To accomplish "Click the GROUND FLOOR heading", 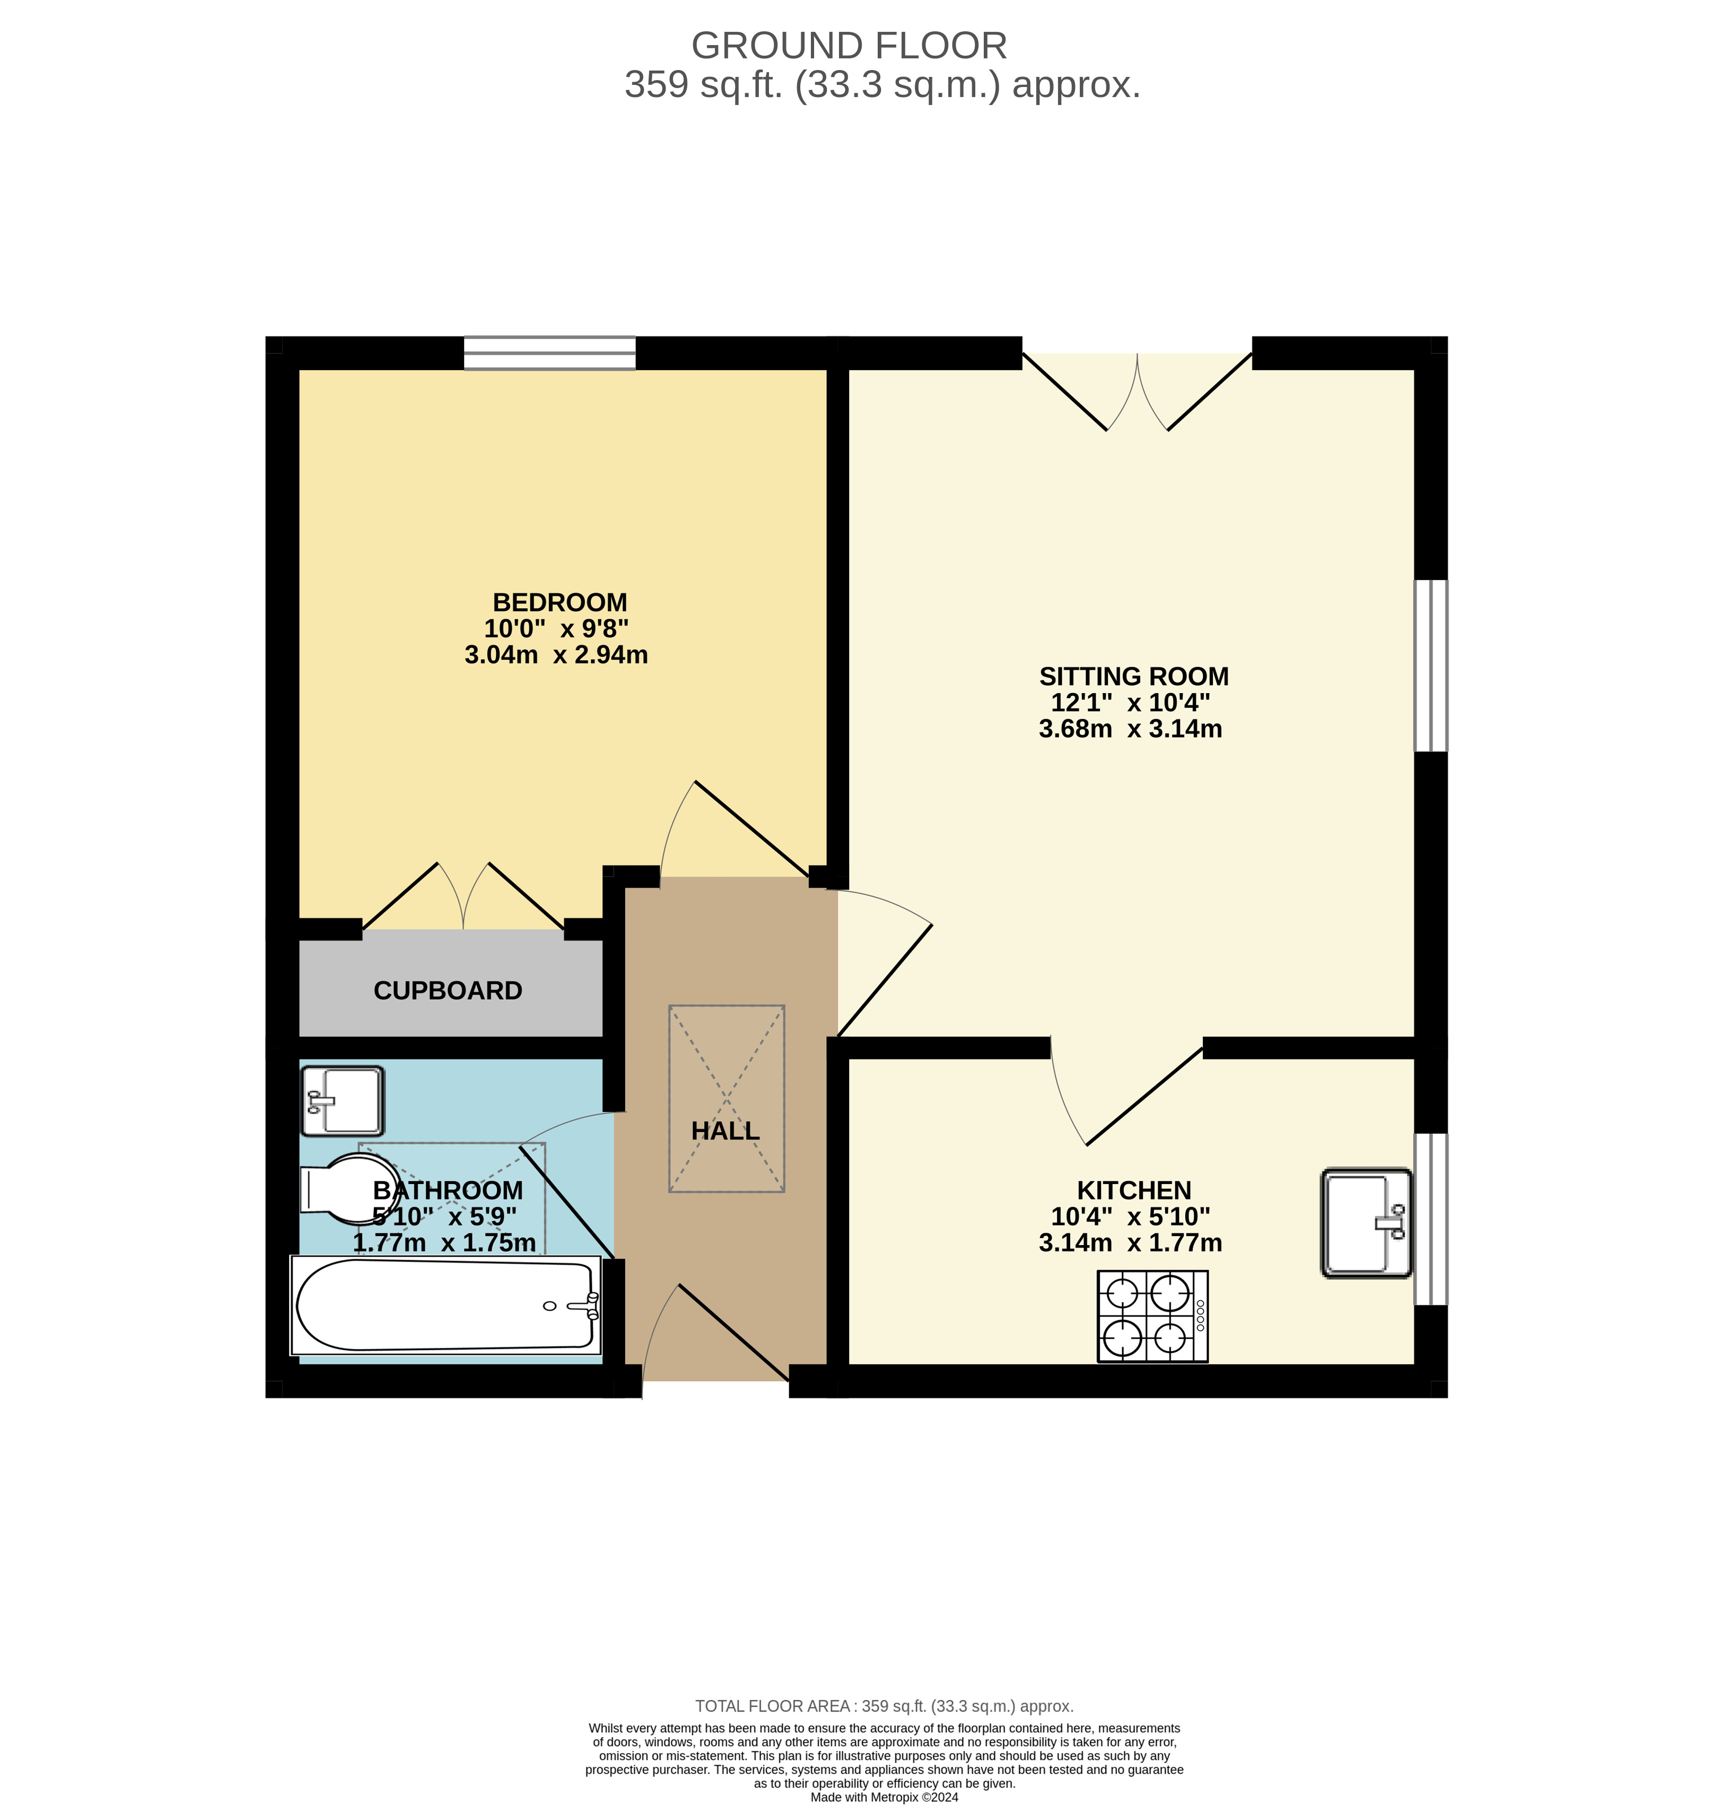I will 849,46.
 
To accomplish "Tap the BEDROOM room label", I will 560,602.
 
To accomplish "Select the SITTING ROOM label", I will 1133,677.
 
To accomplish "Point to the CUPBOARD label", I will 448,991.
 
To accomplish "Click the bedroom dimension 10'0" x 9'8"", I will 556,628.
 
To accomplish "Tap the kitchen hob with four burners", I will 1152,1317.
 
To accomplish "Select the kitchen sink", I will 1366,1222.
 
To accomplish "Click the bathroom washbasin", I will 343,1101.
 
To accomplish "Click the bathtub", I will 445,1305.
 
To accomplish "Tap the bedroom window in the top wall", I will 549,353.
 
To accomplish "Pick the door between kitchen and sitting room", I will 1128,1096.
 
